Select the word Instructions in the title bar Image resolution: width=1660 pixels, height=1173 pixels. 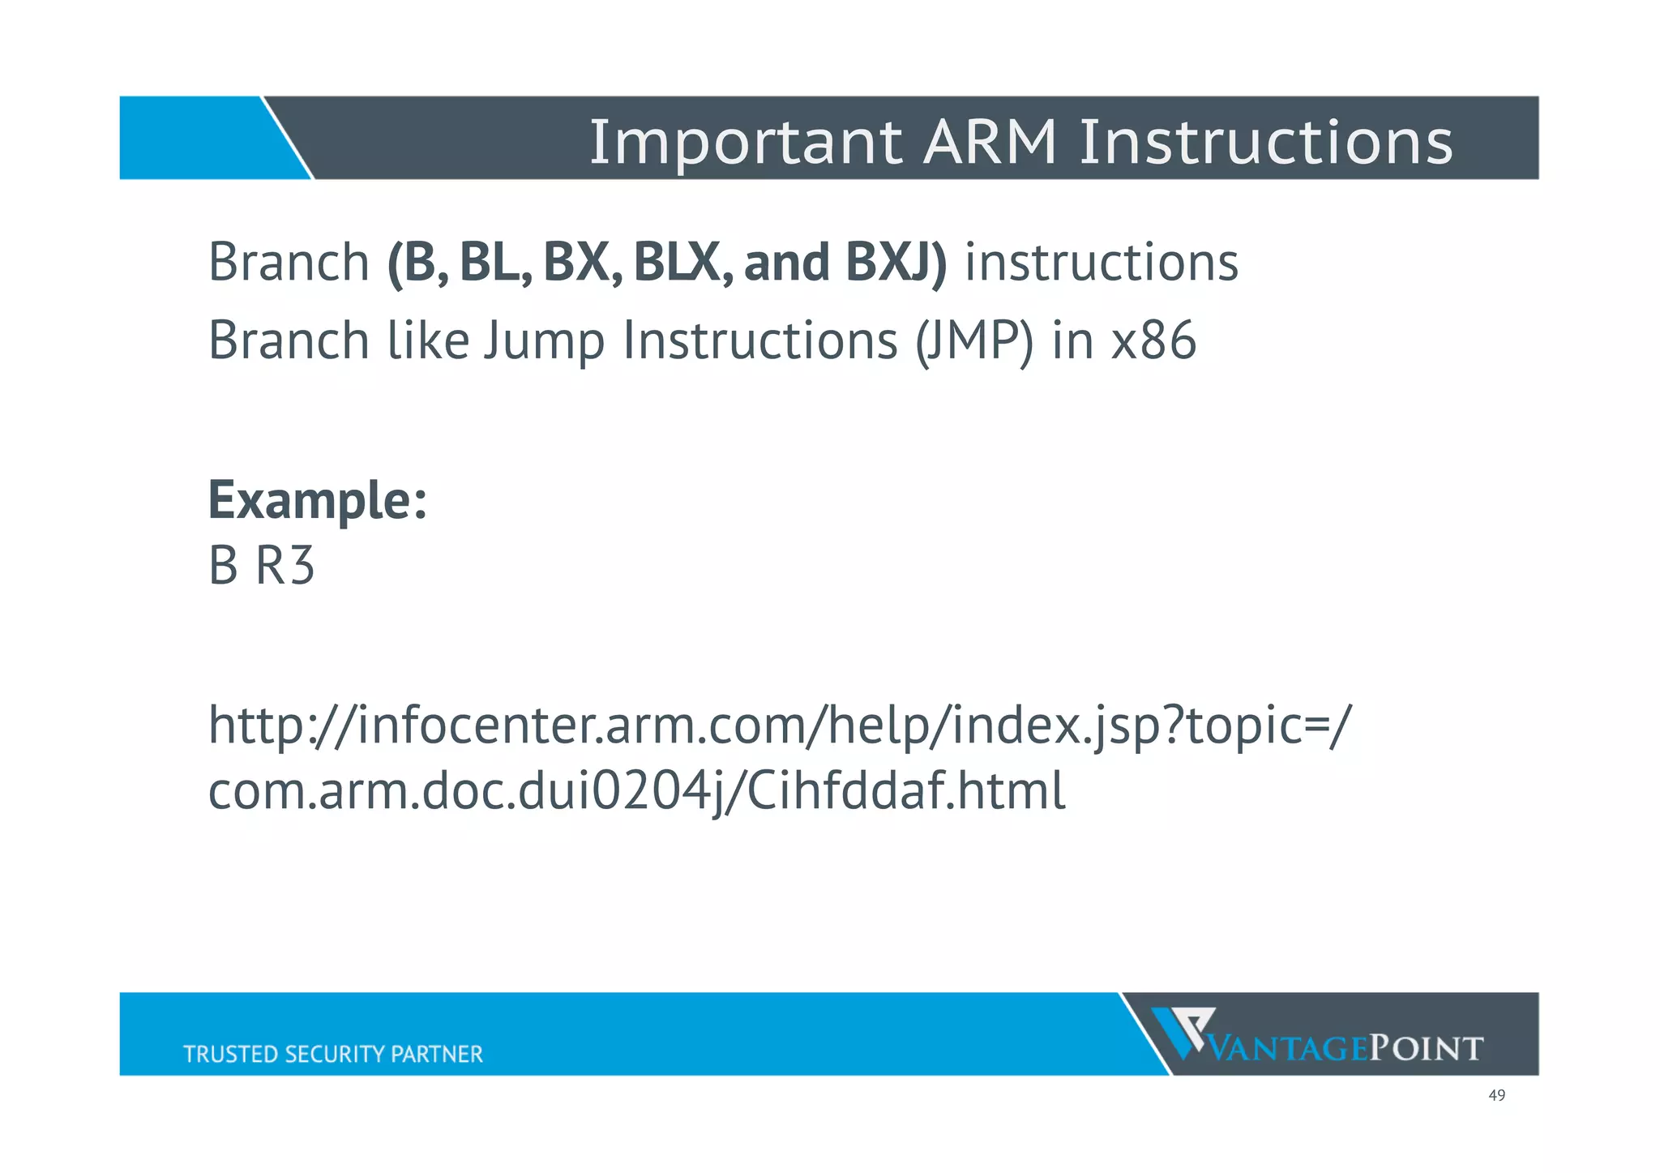pyautogui.click(x=1265, y=142)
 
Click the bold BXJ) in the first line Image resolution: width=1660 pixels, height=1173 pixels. pyautogui.click(x=895, y=263)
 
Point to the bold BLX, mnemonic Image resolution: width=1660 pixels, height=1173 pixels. pyautogui.click(x=682, y=263)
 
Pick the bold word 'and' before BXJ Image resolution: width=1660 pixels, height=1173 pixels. pyautogui.click(x=786, y=263)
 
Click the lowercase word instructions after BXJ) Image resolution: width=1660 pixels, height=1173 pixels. pyautogui.click(x=1101, y=263)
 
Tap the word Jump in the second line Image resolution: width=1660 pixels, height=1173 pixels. pyautogui.click(x=544, y=340)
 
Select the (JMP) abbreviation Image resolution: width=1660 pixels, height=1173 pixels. pyautogui.click(x=973, y=340)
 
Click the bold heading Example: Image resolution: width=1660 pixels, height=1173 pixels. pyautogui.click(x=317, y=500)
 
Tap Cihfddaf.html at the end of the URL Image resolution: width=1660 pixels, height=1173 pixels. pyautogui.click(x=905, y=791)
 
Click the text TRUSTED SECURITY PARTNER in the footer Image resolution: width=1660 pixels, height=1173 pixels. pyautogui.click(x=332, y=1054)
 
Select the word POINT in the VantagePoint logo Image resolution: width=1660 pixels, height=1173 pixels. pyautogui.click(x=1426, y=1049)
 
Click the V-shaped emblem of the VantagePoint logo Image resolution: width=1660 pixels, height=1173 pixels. pyautogui.click(x=1183, y=1030)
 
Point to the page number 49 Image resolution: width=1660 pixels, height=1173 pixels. pyautogui.click(x=1496, y=1096)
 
